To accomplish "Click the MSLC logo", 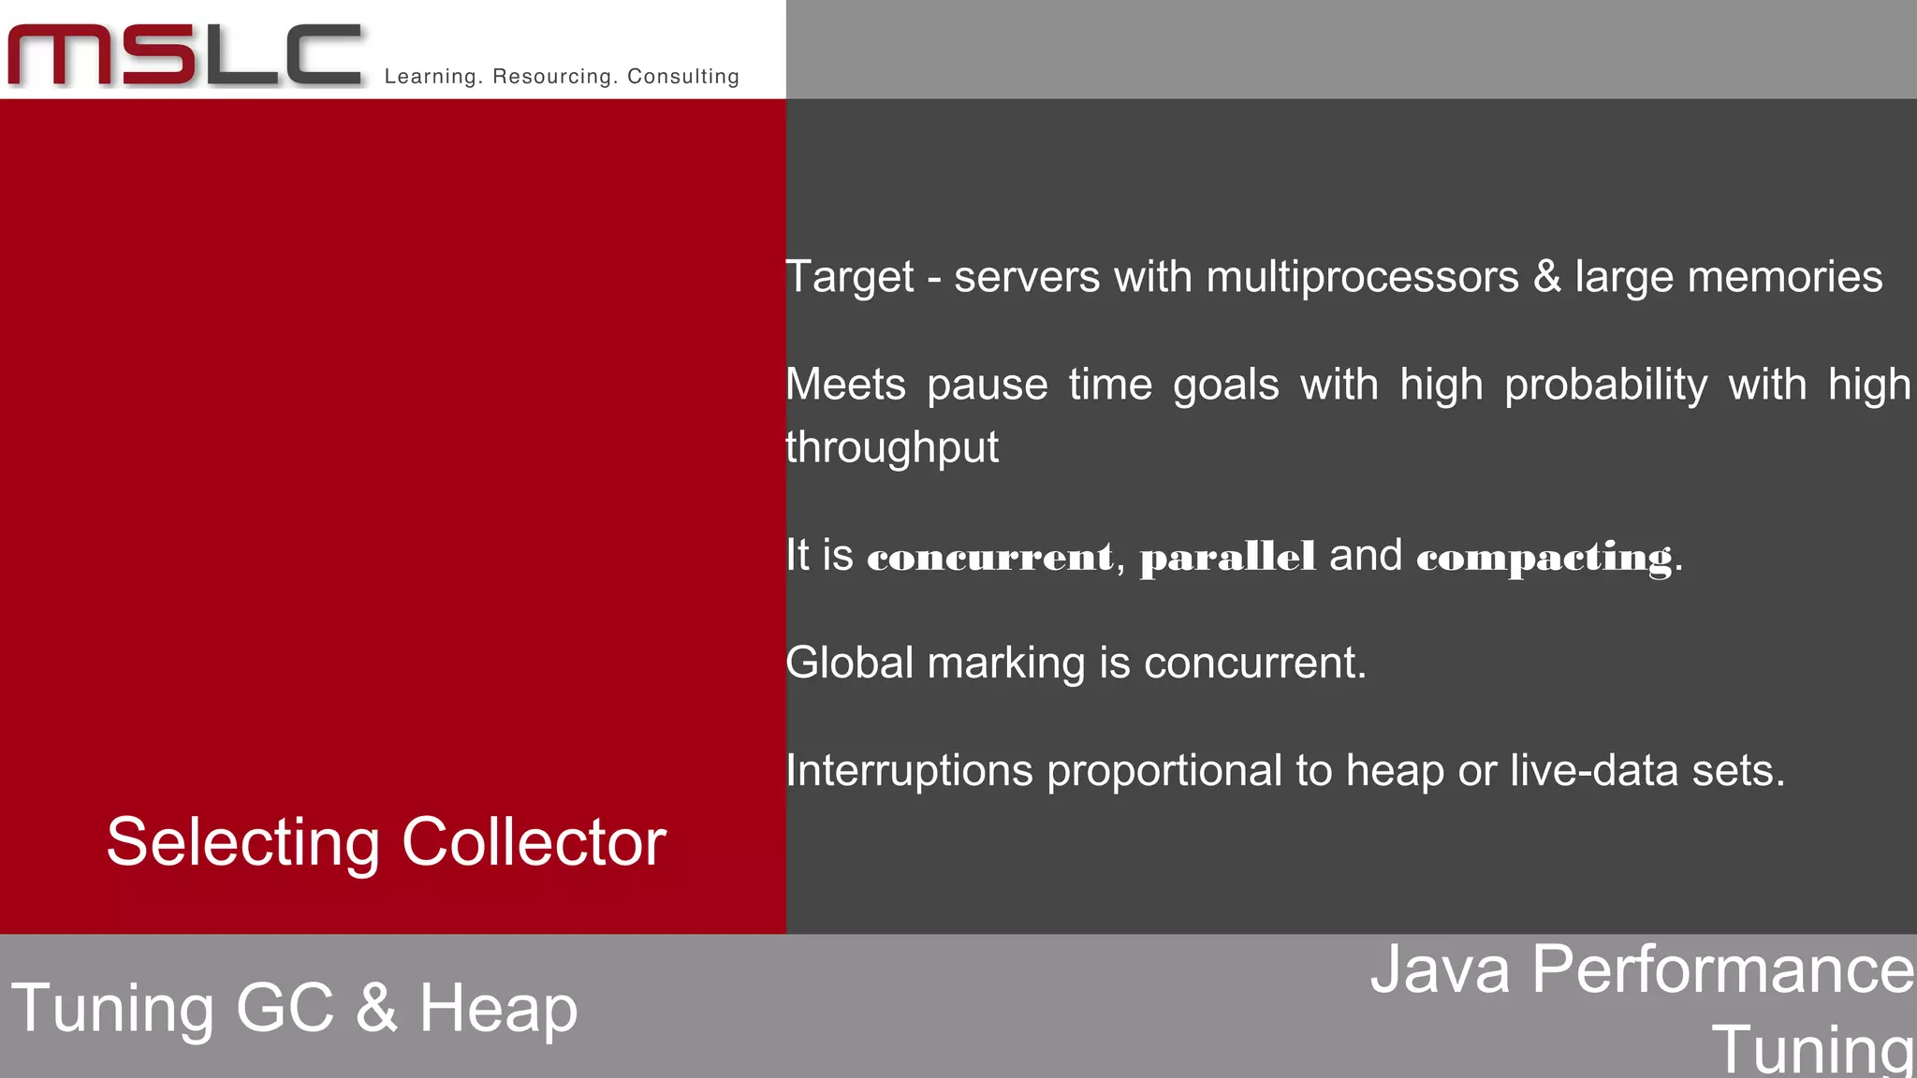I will click(184, 56).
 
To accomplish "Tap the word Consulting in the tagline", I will click(683, 77).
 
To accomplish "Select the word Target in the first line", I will click(849, 278).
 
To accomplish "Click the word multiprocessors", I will click(1362, 278).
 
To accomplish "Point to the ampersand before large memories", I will click(1546, 278).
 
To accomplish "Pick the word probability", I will click(1605, 386).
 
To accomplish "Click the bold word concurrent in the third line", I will click(990, 557).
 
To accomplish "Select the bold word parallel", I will click(1227, 557).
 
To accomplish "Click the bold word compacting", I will click(1544, 558).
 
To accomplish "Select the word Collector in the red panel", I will click(534, 842).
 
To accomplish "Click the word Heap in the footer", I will click(498, 1009).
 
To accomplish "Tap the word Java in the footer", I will click(1440, 969).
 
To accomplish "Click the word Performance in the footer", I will click(1722, 969).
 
